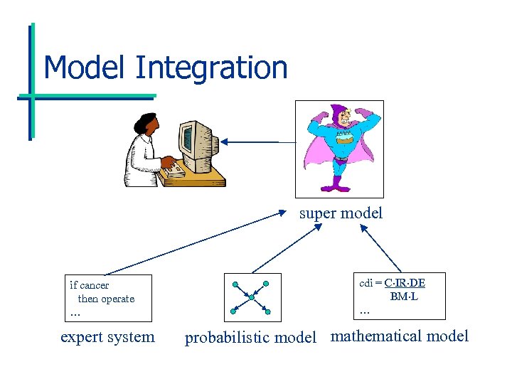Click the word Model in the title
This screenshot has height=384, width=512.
click(x=85, y=68)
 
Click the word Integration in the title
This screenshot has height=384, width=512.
click(x=210, y=68)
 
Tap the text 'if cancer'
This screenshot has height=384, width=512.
click(x=90, y=285)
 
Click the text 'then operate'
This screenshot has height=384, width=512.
click(x=106, y=299)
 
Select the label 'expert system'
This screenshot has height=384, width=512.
click(x=107, y=336)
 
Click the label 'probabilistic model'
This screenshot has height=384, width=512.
click(x=250, y=338)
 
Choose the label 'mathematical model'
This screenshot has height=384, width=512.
click(x=400, y=336)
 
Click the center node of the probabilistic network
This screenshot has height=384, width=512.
click(x=251, y=298)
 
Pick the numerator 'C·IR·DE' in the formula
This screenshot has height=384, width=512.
click(x=405, y=283)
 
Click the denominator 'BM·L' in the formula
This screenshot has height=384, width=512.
click(x=404, y=296)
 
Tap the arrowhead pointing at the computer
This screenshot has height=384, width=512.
click(x=225, y=142)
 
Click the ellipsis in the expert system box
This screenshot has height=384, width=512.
click(x=75, y=313)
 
